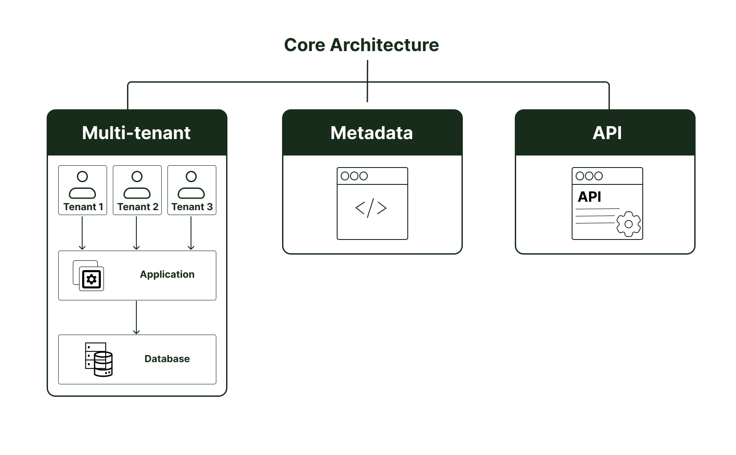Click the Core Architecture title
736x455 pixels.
(x=362, y=45)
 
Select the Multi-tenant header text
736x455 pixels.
(x=136, y=133)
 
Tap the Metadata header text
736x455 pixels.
(x=372, y=133)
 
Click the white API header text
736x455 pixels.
(x=607, y=133)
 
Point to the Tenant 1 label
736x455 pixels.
(x=83, y=207)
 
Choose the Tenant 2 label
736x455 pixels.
(x=138, y=207)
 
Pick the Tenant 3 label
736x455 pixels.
(x=192, y=207)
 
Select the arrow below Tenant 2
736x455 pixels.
(x=136, y=233)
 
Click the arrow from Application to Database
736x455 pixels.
(x=136, y=317)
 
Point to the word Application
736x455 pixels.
(x=167, y=275)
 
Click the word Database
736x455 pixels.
(x=167, y=359)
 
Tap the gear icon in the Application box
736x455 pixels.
(x=92, y=279)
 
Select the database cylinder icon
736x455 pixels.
(x=103, y=364)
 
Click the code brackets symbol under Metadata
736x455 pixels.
(x=371, y=208)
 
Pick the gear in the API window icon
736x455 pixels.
(x=629, y=224)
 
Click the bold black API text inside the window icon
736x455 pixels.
(x=589, y=197)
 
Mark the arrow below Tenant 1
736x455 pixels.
(x=82, y=233)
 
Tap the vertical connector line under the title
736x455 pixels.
(x=367, y=81)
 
